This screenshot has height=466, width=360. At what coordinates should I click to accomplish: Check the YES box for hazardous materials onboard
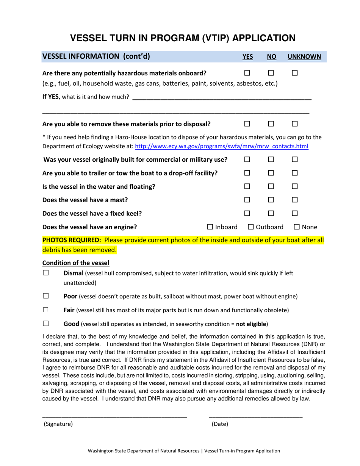(x=247, y=73)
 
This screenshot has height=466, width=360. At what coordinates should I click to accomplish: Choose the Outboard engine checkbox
(x=251, y=227)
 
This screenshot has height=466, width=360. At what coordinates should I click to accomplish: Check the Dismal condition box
(x=46, y=273)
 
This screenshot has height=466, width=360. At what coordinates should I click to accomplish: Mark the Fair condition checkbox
(x=46, y=310)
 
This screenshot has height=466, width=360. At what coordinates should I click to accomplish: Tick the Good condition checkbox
(x=46, y=324)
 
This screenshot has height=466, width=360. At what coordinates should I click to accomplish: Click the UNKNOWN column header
(x=304, y=57)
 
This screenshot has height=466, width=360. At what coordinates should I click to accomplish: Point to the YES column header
(x=247, y=57)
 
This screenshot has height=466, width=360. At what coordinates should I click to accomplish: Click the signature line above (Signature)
(x=114, y=416)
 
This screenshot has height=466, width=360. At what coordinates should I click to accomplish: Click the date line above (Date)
(x=256, y=416)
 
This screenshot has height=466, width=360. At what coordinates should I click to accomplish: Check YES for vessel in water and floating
(x=247, y=186)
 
